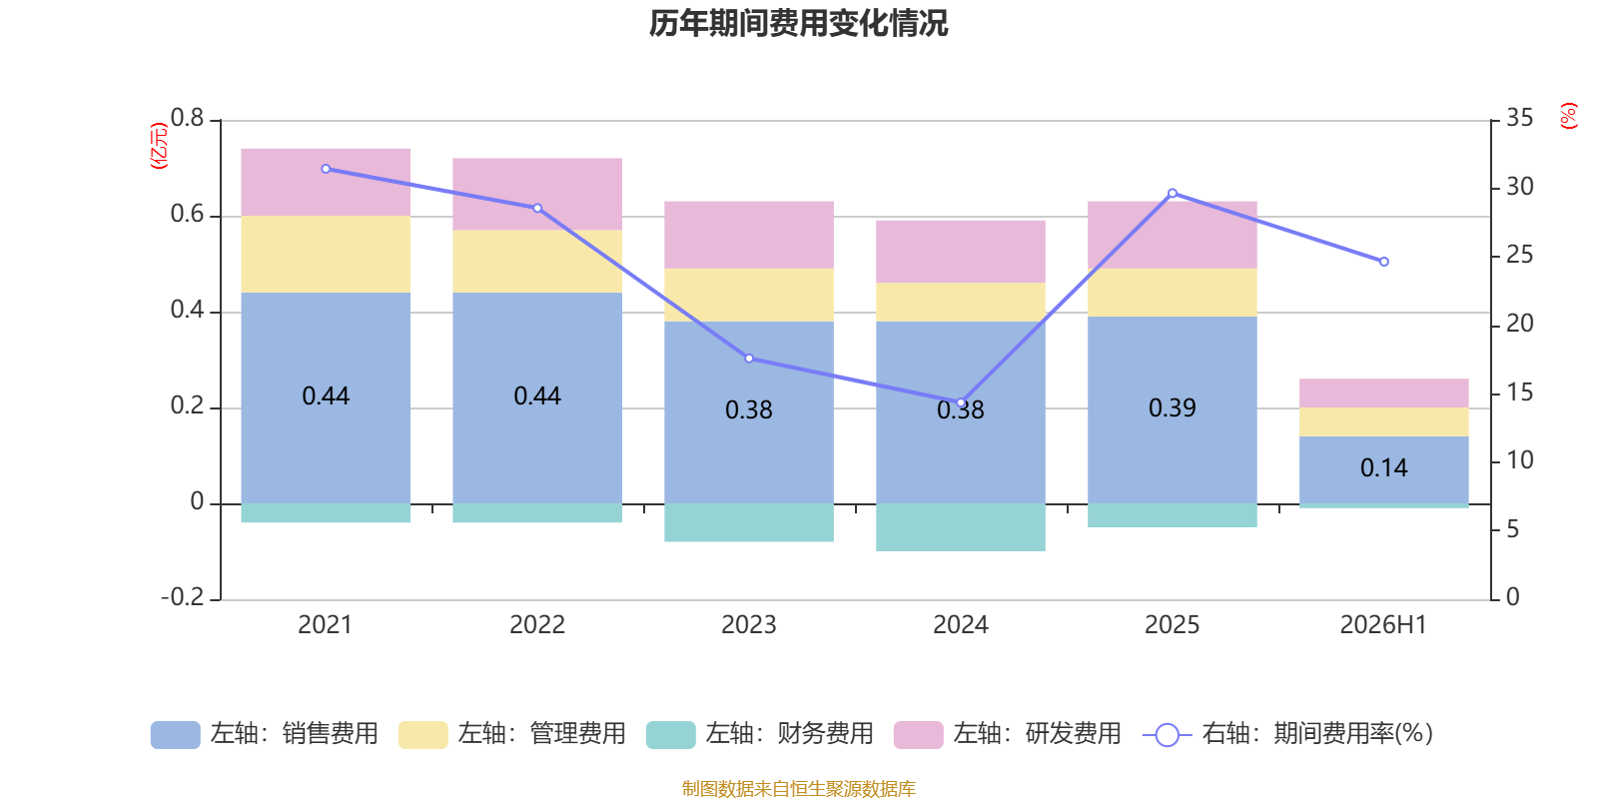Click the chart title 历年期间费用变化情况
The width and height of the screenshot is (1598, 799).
(x=798, y=24)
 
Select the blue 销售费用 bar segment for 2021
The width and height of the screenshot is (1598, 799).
(x=326, y=399)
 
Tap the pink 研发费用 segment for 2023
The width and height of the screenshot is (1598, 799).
(x=749, y=235)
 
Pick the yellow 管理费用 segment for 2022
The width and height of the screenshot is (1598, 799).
(x=537, y=261)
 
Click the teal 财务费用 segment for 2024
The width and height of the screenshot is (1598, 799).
(x=960, y=527)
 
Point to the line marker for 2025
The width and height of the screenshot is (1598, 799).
(x=1173, y=194)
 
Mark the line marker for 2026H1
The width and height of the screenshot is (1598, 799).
(x=1384, y=262)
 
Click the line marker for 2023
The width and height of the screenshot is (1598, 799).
(x=749, y=359)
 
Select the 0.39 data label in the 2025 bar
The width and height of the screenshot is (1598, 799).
(x=1173, y=408)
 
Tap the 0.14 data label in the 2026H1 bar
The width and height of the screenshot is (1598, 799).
(x=1384, y=468)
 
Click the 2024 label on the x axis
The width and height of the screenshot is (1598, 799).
(x=960, y=625)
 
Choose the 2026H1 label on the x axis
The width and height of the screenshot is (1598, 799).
(x=1383, y=625)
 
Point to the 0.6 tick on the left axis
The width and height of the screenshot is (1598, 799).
(x=187, y=214)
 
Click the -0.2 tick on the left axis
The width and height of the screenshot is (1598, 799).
(x=183, y=597)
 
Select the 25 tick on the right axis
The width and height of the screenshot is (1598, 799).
(x=1519, y=255)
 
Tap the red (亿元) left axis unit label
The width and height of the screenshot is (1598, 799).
(x=159, y=146)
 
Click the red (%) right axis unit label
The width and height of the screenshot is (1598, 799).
(x=1568, y=116)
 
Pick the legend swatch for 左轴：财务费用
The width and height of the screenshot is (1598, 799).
(x=670, y=735)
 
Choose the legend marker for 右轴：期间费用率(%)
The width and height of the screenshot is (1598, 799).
(x=1168, y=735)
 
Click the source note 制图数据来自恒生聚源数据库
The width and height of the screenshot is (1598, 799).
(x=798, y=788)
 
